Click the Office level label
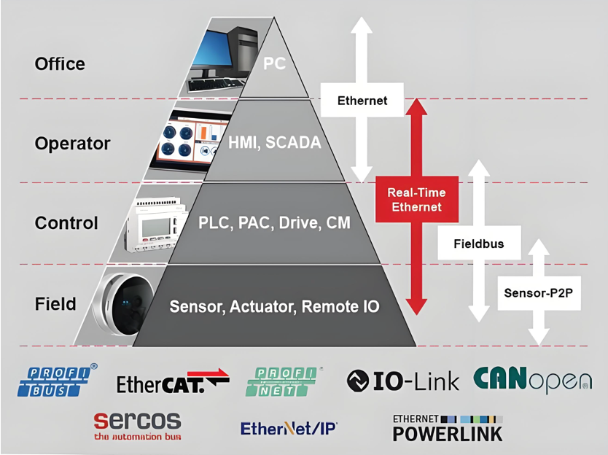point(60,64)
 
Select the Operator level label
point(72,144)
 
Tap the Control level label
point(66,223)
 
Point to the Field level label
point(55,303)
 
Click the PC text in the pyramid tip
point(275,64)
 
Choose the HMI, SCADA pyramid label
point(274,143)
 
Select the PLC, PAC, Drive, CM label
point(274,222)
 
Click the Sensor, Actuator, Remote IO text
point(274,306)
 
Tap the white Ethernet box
point(362,101)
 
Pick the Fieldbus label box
point(478,244)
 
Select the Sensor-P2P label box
point(539,293)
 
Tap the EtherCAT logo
point(173,381)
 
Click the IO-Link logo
point(402,380)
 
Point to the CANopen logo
point(532,380)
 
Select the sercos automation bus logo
point(137,426)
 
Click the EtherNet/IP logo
point(289,428)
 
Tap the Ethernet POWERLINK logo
point(448,428)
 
